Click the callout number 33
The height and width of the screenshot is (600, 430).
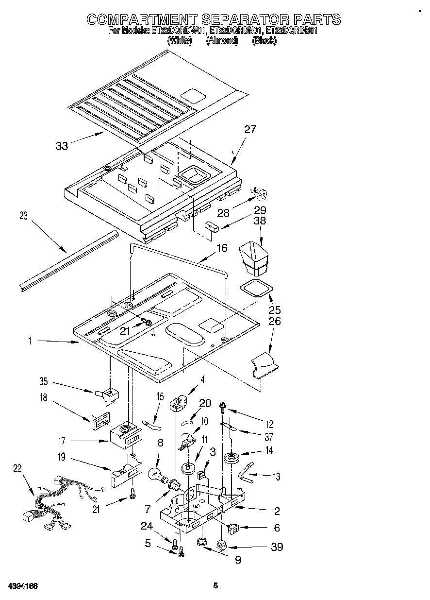62,146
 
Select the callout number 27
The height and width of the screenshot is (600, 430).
250,130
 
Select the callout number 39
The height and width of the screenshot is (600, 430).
277,547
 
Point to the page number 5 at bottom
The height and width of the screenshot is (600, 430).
215,585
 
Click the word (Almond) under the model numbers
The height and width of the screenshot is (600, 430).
222,41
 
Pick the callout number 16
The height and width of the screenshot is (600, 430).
221,249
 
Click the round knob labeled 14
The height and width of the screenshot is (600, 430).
232,459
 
